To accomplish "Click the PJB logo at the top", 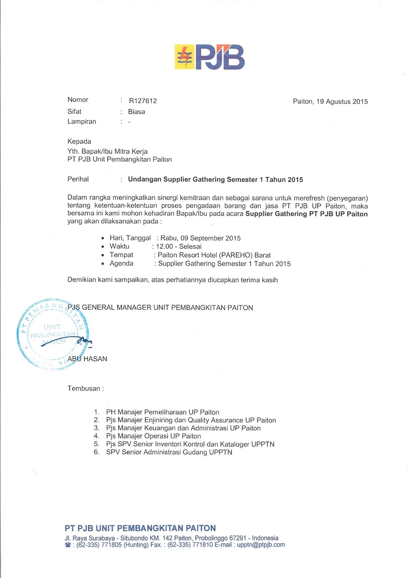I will (210, 57).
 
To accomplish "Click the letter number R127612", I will (143, 101).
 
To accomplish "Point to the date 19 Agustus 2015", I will (342, 102).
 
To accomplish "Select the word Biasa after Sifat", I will (136, 112).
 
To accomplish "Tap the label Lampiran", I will (82, 122).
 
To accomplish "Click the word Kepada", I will (79, 142).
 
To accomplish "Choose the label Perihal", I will (78, 179).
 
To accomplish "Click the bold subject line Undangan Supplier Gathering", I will (215, 180).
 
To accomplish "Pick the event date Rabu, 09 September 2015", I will (201, 238).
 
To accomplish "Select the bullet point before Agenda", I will (103, 264).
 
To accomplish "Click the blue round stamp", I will (52, 334).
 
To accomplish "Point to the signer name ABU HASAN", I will (87, 359).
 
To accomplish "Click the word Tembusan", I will (84, 389).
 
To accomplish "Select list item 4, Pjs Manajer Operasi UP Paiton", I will (153, 436).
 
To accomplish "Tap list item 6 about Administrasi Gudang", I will (169, 452).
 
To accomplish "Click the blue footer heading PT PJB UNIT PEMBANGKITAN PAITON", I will (140, 528).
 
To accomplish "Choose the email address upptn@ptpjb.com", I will (261, 545).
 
